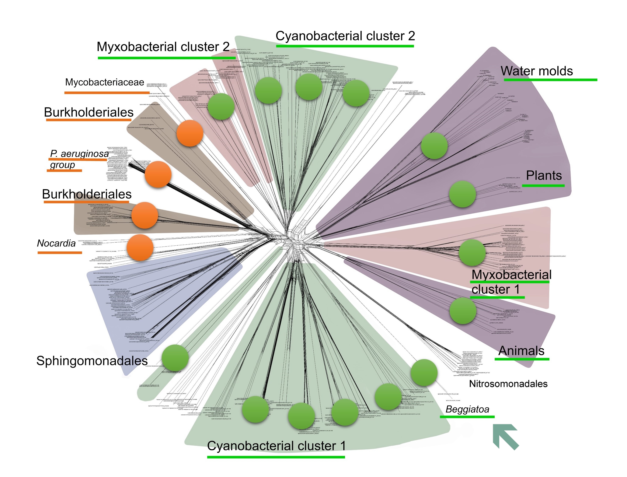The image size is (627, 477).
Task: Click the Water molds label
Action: click(x=536, y=71)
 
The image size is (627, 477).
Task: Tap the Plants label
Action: click(x=544, y=175)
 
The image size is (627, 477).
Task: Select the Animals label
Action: click(x=521, y=351)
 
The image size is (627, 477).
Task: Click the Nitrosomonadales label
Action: click(x=508, y=384)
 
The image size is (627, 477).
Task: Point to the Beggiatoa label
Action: click(x=467, y=409)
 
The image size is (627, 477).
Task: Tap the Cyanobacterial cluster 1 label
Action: click(x=276, y=446)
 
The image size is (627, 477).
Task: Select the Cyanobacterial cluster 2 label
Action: click(x=345, y=36)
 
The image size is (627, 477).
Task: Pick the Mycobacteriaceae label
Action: click(x=104, y=82)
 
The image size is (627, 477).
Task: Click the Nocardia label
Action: click(x=56, y=243)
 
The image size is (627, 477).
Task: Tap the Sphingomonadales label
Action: click(x=92, y=361)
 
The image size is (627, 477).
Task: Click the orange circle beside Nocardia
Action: click(x=140, y=248)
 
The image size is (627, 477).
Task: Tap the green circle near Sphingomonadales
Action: click(x=175, y=358)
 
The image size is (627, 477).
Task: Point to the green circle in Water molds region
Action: click(x=434, y=146)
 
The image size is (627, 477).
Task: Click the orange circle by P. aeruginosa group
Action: click(x=158, y=174)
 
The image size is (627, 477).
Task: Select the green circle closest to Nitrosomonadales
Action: click(x=424, y=372)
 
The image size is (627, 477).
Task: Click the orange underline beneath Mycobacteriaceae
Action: click(x=107, y=92)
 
